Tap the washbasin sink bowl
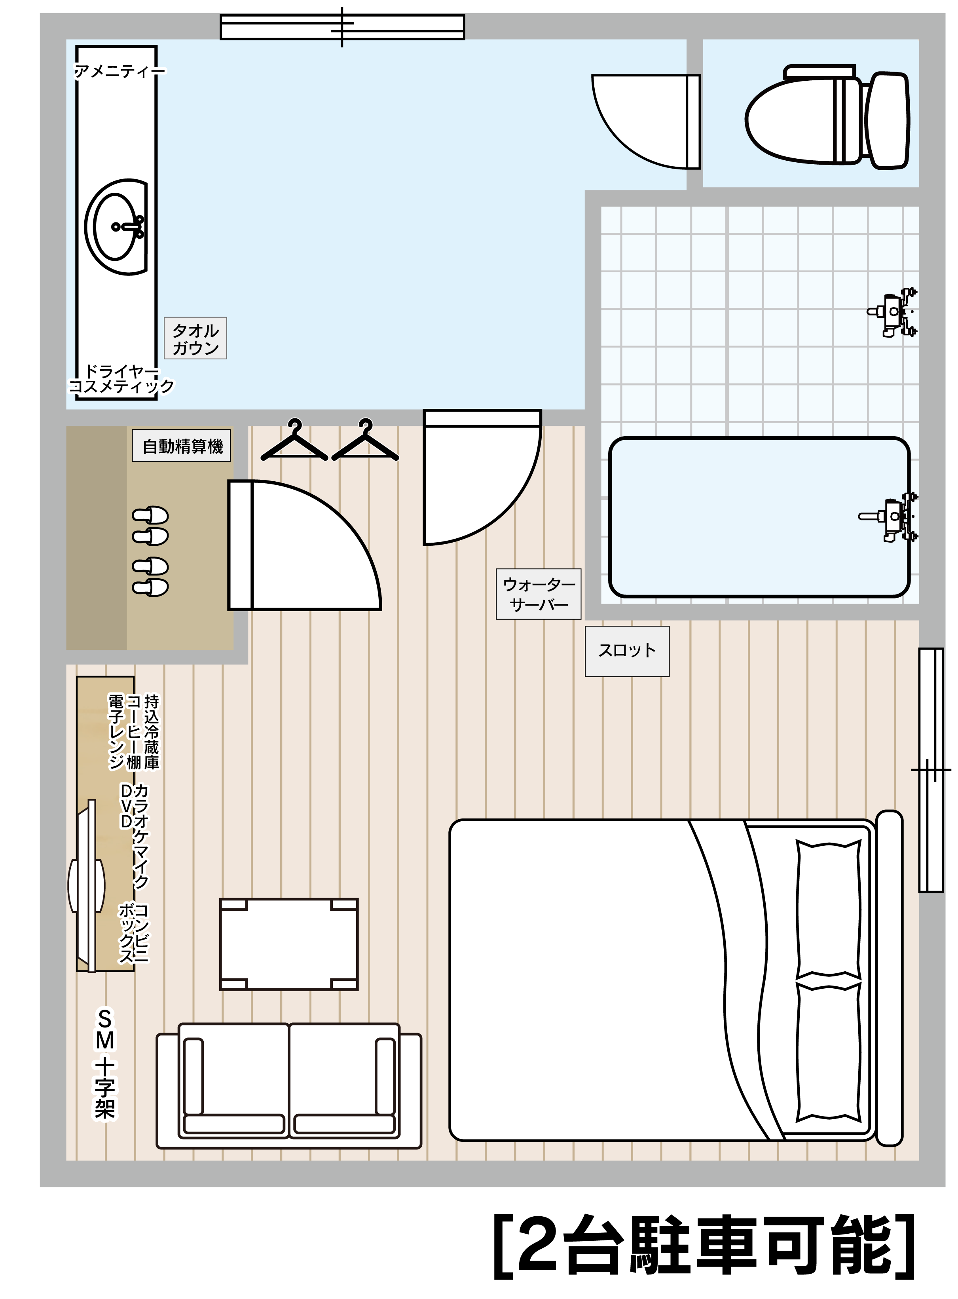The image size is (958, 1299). coord(116,227)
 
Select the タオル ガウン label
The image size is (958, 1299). coord(195,339)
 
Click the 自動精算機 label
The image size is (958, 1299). coord(182,446)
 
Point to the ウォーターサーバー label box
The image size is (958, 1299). coord(538,594)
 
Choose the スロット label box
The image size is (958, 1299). coord(627,651)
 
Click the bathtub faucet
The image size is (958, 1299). coord(889,516)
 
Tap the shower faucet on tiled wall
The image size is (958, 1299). coord(893,312)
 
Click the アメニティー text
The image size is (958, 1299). coord(120,71)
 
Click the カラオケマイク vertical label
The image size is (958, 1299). coord(141,837)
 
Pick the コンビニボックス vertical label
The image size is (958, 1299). coord(133,933)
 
